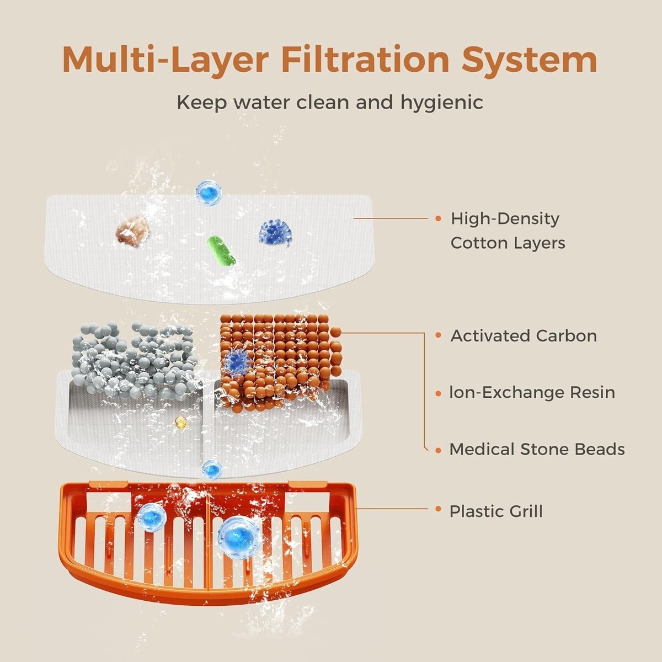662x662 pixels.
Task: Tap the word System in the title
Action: point(530,61)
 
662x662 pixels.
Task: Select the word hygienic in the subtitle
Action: point(442,103)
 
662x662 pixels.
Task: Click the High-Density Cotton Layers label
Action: point(508,231)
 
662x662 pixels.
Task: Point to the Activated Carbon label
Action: point(524,336)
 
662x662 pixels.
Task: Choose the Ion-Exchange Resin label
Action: point(532,393)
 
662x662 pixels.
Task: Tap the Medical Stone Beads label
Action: point(537,450)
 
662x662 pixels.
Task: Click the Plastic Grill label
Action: point(496,511)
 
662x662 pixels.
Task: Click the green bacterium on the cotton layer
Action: point(221,250)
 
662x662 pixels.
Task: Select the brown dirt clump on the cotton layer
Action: point(132,231)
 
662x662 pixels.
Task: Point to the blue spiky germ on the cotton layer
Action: point(275,233)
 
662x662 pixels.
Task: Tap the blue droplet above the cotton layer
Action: point(209,192)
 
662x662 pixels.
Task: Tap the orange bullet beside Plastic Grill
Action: point(438,509)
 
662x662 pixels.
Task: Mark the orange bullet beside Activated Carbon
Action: point(438,335)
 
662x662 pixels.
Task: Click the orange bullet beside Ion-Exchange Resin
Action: point(438,393)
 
